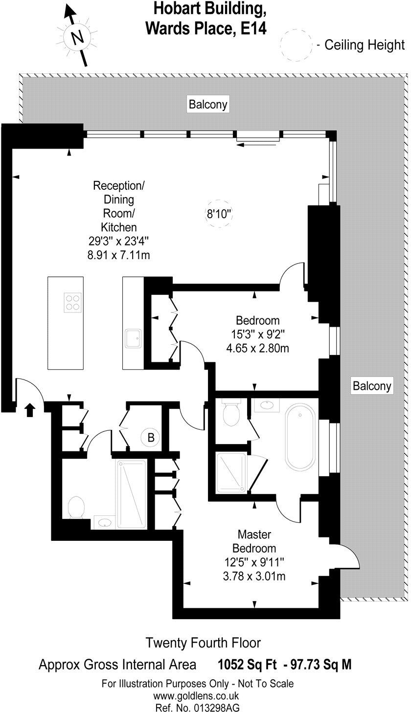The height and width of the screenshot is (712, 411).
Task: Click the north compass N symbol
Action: pos(77,38)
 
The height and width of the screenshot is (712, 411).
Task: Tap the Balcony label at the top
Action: pos(208,104)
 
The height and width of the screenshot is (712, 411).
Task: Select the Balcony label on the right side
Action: pos(372,386)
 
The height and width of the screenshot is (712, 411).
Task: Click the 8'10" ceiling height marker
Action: pos(218,214)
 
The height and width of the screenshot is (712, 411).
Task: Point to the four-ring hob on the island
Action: pos(72,302)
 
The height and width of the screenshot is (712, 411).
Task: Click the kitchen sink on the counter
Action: pos(133,339)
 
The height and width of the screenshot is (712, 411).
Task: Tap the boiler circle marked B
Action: pos(151,438)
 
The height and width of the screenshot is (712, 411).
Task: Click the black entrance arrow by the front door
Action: pos(29,410)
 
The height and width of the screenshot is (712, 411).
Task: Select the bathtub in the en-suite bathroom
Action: pos(300,437)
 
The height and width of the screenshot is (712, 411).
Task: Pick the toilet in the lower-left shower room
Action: pos(76,507)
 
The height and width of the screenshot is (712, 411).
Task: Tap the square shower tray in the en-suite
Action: pos(230,473)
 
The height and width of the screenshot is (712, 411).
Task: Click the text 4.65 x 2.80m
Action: pos(258,348)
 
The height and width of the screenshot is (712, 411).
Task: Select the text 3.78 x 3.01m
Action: pos(254,576)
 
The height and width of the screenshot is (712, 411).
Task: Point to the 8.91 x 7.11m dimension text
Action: pos(119,255)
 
